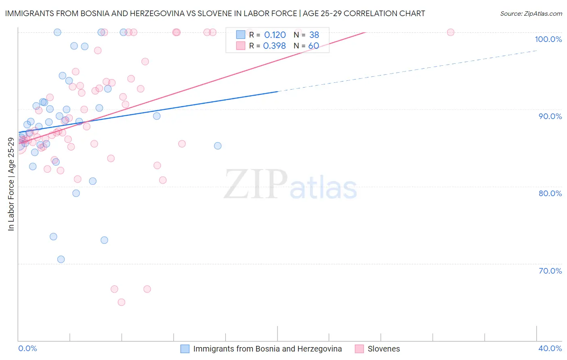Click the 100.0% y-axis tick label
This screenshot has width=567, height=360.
coord(548,39)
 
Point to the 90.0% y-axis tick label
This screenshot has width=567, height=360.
coord(550,116)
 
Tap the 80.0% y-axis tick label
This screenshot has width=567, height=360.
coord(550,193)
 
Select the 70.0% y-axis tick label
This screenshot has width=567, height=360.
coord(550,271)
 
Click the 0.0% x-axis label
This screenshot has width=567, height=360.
coord(27,348)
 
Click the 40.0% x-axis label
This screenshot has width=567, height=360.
coord(550,348)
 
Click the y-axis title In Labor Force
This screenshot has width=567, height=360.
coord(11,184)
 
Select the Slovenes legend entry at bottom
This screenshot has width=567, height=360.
coord(383,349)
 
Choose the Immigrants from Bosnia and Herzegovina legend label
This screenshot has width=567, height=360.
coord(267,349)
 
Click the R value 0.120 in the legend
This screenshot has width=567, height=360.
coord(275,35)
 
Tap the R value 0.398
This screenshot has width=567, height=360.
coord(274,46)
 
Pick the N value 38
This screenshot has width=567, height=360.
coord(314,35)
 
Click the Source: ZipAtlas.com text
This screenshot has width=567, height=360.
coord(531,14)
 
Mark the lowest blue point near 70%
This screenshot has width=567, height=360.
coord(61,259)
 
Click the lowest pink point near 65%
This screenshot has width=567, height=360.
coord(121,302)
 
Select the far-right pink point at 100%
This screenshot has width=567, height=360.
coord(450,32)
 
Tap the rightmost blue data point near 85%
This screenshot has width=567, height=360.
coord(218,146)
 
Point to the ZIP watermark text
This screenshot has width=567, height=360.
coord(256,184)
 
